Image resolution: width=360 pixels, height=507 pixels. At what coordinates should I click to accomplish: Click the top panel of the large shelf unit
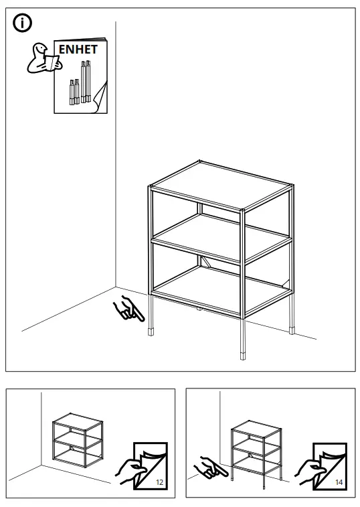[x=221, y=184]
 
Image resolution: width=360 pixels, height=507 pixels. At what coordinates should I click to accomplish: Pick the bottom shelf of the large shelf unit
[x=221, y=287]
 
